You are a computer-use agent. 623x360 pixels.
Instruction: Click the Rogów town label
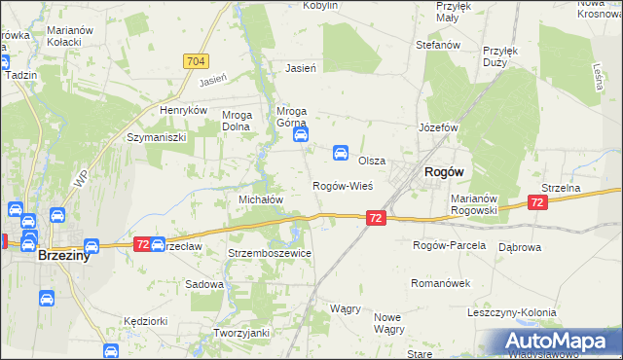click(443, 171)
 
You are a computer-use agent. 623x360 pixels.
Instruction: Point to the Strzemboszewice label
click(269, 253)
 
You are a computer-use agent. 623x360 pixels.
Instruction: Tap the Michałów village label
click(261, 198)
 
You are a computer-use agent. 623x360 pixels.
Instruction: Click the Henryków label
click(185, 111)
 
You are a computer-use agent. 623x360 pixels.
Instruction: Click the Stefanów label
click(437, 45)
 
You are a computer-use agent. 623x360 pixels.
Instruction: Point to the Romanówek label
click(442, 283)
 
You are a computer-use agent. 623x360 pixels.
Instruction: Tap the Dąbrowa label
click(519, 247)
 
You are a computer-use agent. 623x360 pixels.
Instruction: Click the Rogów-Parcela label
click(449, 245)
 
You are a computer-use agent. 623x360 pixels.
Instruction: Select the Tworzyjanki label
click(240, 333)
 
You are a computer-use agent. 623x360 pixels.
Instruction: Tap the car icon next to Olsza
click(341, 153)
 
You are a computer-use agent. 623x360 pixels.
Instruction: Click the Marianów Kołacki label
click(70, 36)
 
